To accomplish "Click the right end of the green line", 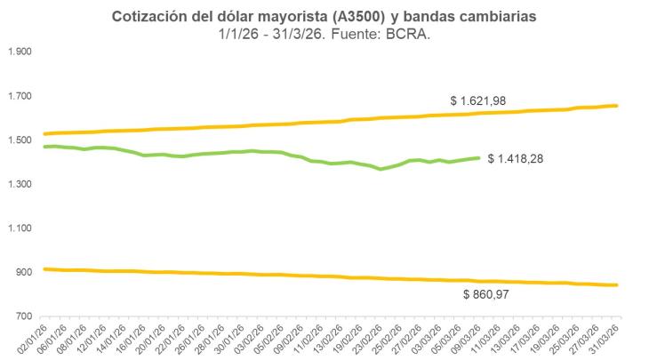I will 479,158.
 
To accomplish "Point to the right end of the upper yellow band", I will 617,106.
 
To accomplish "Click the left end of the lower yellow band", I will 44,268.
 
